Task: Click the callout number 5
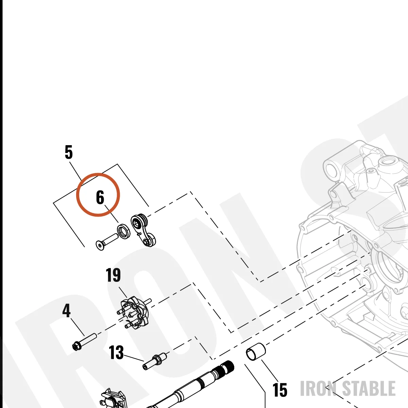pos(69,152)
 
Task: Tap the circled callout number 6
pos(100,197)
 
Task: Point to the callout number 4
pos(66,310)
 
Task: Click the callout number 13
pos(116,352)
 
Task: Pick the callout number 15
pos(280,390)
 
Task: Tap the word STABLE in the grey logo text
pos(369,388)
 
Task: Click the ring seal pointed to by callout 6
pos(124,231)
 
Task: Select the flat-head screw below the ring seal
pos(107,242)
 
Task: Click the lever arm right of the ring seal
pos(143,231)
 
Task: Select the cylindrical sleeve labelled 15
pos(256,352)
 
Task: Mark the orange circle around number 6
pos(98,173)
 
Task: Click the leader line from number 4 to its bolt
pos(77,327)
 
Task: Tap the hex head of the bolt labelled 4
pos(76,346)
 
